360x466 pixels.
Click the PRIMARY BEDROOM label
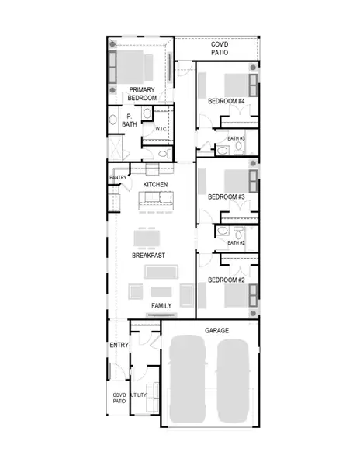pos(142,94)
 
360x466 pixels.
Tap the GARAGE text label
pos(216,331)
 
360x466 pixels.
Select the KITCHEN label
pos(155,184)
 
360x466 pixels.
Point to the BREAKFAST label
pos(150,255)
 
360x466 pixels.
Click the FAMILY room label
pos(161,305)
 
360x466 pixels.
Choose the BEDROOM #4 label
pos(227,102)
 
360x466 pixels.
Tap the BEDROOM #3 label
pos(227,197)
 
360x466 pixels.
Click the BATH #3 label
pos(236,138)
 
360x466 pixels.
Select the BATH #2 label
pos(236,243)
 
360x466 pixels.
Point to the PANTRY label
pos(117,178)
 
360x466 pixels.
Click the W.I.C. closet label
pos(161,129)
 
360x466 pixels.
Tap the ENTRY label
pos(118,344)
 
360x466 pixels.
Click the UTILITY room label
pos(139,395)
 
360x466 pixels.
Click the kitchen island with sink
pos(156,202)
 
